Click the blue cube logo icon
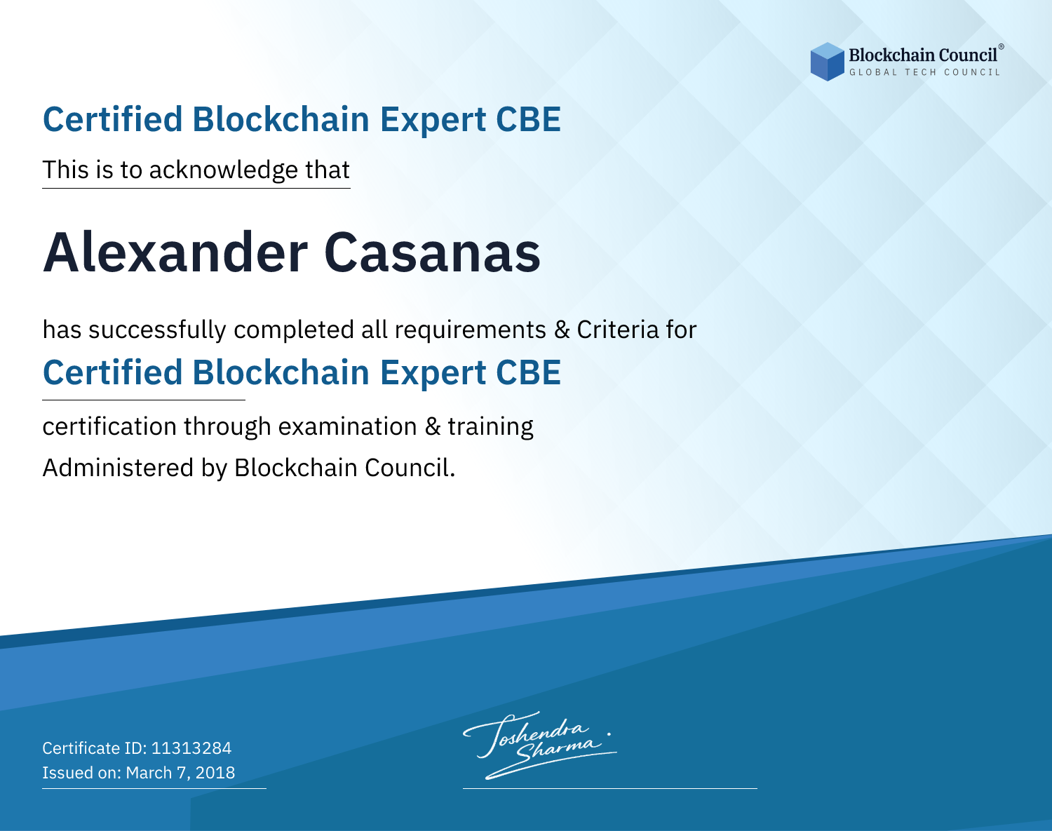[x=827, y=62]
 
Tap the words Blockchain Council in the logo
[x=922, y=55]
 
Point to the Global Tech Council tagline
[x=924, y=72]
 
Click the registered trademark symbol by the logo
[x=1002, y=47]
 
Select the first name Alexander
[x=175, y=253]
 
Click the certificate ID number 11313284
[x=191, y=748]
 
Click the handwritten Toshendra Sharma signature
[x=540, y=745]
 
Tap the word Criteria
[x=617, y=330]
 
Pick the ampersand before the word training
[x=433, y=426]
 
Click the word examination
[x=348, y=426]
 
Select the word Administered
[x=119, y=468]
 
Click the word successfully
[x=157, y=330]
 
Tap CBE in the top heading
[x=528, y=119]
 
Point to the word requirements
[x=471, y=330]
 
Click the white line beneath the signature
[x=609, y=788]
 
